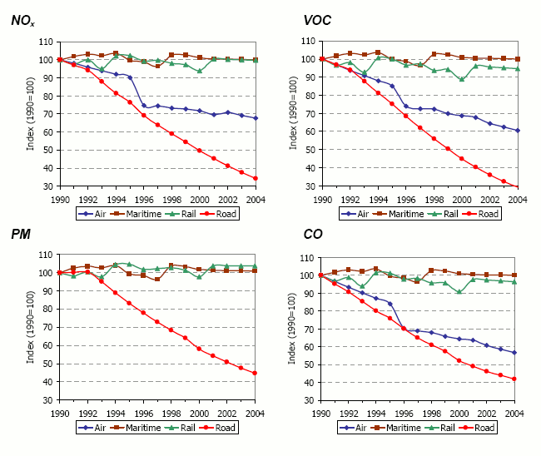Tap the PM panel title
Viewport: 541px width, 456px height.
22,235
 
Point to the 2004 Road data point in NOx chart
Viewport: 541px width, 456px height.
256,178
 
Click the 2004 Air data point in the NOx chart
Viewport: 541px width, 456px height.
256,118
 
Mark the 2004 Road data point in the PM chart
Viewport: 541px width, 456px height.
256,373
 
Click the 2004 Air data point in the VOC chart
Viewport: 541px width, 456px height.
518,131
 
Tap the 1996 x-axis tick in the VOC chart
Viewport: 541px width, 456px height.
405,200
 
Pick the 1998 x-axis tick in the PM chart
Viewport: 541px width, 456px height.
171,413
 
